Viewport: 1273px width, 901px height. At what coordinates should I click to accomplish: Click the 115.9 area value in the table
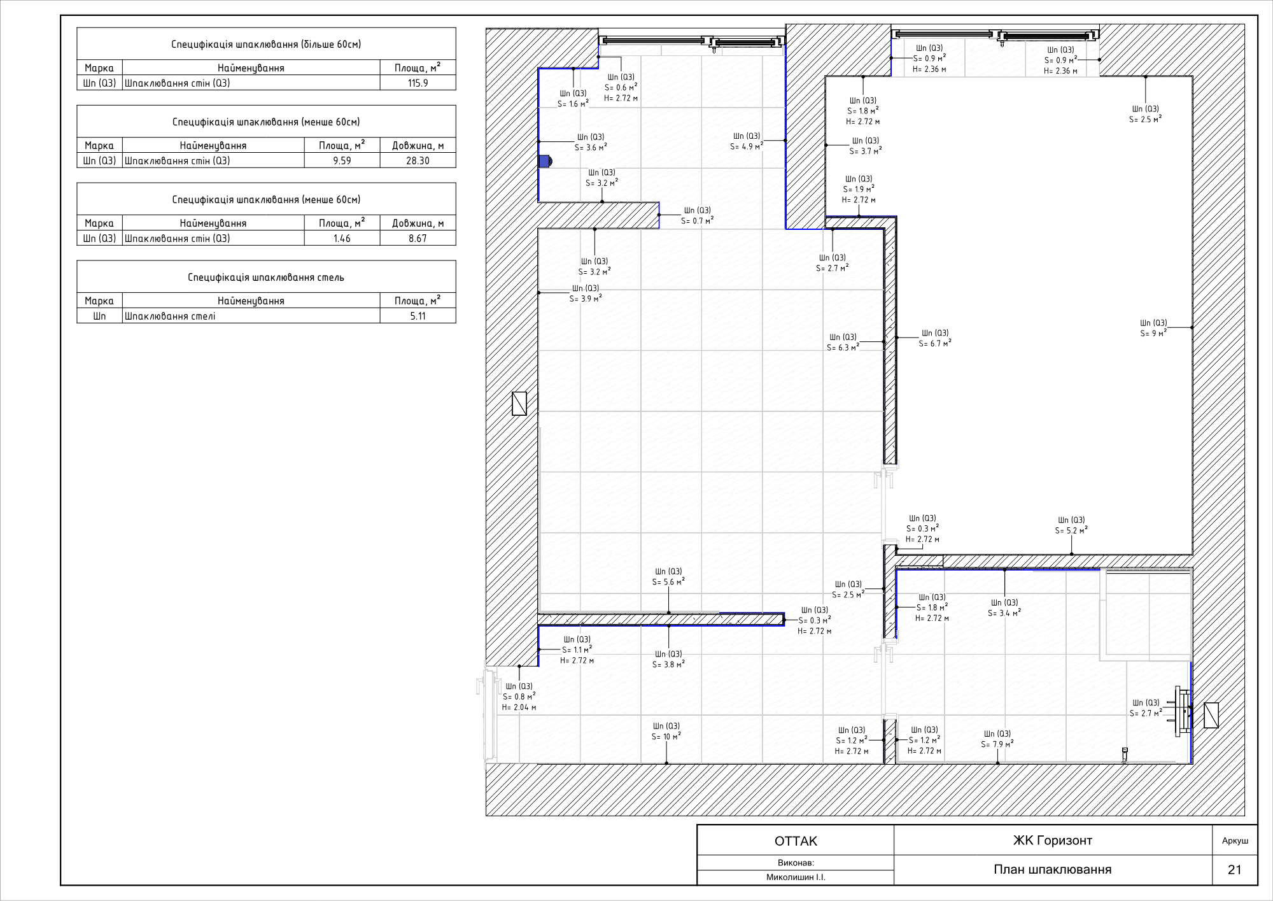tap(418, 83)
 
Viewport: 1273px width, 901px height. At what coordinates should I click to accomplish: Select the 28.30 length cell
tap(418, 161)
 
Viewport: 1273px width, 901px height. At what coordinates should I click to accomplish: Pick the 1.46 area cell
tap(342, 239)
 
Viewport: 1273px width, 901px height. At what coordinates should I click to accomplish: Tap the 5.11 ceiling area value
tap(418, 316)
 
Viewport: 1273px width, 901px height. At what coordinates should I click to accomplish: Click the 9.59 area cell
tap(342, 161)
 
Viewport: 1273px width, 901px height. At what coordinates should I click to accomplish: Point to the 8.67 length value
tap(418, 239)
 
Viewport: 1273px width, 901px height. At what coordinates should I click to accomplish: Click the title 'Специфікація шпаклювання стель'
tap(266, 278)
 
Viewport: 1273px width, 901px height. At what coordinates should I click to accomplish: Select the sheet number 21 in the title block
tap(1235, 870)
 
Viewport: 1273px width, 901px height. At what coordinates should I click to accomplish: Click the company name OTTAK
tap(796, 841)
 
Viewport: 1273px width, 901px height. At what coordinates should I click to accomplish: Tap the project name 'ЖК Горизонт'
tap(1053, 841)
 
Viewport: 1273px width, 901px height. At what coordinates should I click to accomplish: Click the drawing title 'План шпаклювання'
tap(1053, 870)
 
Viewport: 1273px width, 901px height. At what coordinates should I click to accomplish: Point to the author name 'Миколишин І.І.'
tap(796, 877)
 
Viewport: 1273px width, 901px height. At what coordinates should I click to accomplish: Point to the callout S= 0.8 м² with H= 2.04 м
tap(519, 697)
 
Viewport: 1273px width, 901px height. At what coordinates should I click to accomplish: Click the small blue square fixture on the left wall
tap(544, 161)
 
